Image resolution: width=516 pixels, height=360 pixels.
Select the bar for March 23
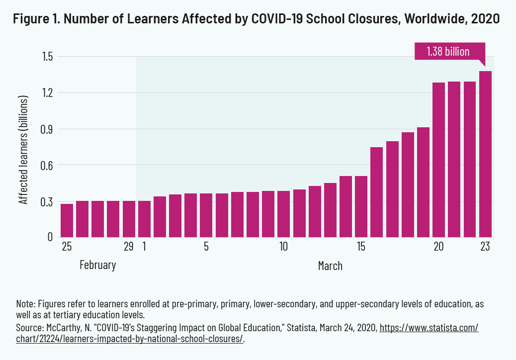485,154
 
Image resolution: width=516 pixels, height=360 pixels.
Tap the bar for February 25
67,220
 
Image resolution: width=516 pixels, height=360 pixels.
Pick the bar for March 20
438,160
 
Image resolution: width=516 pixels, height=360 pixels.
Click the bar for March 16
377,192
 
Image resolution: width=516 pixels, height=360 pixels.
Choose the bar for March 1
144,219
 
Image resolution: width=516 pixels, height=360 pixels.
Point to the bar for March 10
284,214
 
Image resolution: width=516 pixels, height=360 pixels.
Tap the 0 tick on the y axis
50,237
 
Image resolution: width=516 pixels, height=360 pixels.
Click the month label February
97,265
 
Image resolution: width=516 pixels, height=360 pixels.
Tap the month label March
330,266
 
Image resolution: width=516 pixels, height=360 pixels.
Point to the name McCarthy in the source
62,329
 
